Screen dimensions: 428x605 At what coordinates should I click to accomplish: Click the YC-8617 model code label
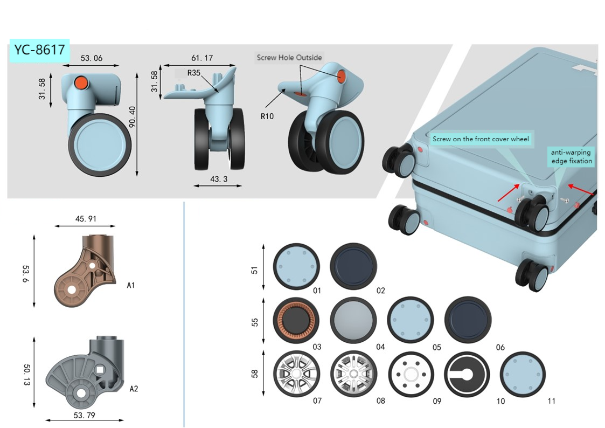(39, 50)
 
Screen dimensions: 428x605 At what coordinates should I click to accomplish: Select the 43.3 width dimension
(217, 178)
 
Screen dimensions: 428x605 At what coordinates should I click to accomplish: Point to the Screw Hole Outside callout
(289, 58)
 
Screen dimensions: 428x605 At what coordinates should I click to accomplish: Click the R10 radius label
(267, 115)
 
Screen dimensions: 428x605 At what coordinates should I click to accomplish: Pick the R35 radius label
(194, 72)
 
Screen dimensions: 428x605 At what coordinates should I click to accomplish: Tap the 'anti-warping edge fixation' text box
(571, 156)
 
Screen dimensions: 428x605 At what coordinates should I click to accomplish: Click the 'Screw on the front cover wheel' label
(481, 139)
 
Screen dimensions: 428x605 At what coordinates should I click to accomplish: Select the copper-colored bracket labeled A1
(86, 270)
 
